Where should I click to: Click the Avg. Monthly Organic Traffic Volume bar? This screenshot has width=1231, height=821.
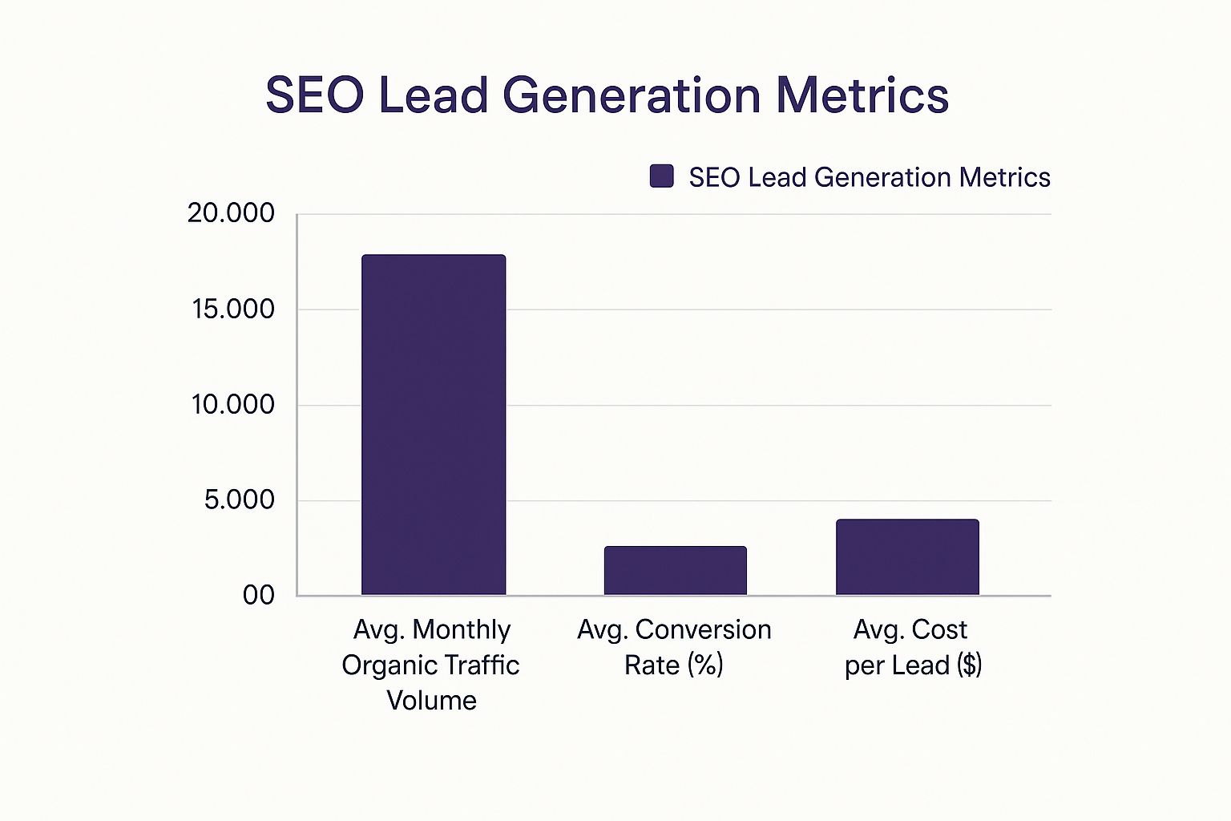coord(434,424)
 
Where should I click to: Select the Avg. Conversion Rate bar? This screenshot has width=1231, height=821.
coord(676,571)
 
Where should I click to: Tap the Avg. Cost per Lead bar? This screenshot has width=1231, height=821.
coord(907,557)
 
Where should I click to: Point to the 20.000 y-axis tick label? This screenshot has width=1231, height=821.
coord(231,212)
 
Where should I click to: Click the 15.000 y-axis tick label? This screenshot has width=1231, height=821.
coord(233,309)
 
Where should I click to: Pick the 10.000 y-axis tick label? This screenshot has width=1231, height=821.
coord(233,405)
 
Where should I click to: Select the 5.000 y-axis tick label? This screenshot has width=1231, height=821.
coord(239,499)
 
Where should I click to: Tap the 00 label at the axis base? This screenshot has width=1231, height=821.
coord(258,596)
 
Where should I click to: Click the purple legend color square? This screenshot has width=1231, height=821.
coord(662,176)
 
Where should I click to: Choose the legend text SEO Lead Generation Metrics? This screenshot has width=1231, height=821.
coord(870,177)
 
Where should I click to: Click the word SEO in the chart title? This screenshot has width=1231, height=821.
coord(315,95)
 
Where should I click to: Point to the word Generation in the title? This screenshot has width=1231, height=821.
coord(632,95)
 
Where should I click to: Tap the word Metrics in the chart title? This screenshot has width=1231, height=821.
coord(862,95)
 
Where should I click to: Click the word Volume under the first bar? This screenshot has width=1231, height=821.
coord(431,701)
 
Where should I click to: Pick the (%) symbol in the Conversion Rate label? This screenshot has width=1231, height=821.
coord(705,665)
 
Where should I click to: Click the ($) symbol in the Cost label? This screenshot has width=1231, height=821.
coord(969,665)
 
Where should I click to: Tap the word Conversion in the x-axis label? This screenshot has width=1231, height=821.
coord(704,629)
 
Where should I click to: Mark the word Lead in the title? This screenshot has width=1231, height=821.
coord(433,95)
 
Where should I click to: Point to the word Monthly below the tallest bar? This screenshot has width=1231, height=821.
coord(462,630)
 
